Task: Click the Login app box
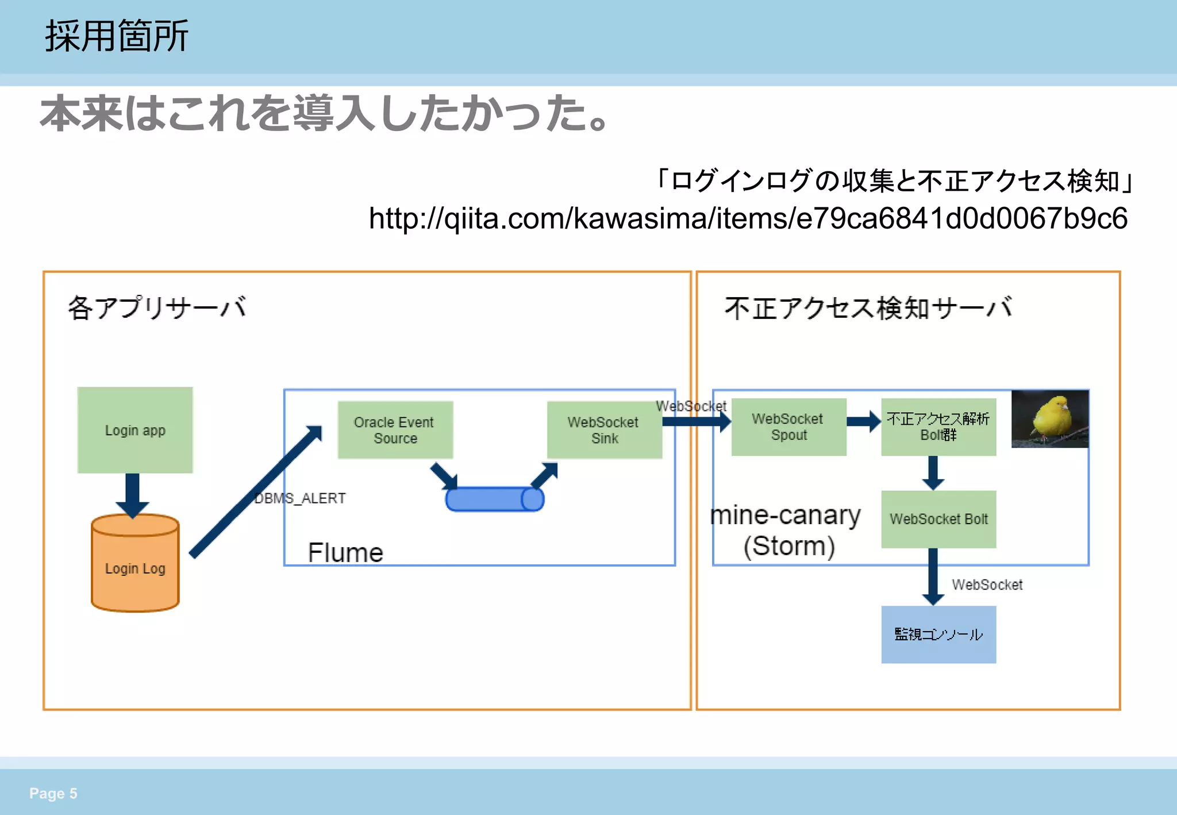pyautogui.click(x=135, y=430)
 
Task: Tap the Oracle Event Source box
pyautogui.click(x=395, y=430)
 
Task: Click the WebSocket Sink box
pyautogui.click(x=604, y=430)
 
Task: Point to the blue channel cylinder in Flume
pyautogui.click(x=494, y=499)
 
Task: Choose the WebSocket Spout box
pyautogui.click(x=788, y=427)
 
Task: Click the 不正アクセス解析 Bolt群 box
pyautogui.click(x=938, y=427)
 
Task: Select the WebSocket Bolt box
pyautogui.click(x=938, y=519)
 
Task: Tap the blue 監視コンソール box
pyautogui.click(x=938, y=635)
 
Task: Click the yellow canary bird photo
pyautogui.click(x=1050, y=418)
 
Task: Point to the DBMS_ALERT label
pyautogui.click(x=300, y=498)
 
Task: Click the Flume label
pyautogui.click(x=345, y=552)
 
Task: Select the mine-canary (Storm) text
pyautogui.click(x=786, y=530)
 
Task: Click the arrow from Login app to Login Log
pyautogui.click(x=132, y=494)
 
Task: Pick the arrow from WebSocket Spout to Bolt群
pyautogui.click(x=864, y=421)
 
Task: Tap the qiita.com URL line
pyautogui.click(x=748, y=218)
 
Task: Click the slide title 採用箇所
pyautogui.click(x=117, y=36)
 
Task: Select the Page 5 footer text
pyautogui.click(x=53, y=793)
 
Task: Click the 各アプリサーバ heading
pyautogui.click(x=157, y=307)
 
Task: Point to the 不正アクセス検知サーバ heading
pyautogui.click(x=868, y=307)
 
